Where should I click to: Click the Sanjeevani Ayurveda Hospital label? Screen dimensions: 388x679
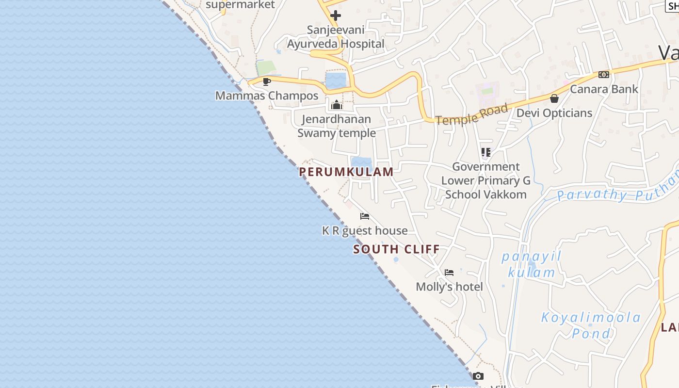pyautogui.click(x=336, y=37)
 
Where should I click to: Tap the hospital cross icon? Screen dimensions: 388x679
pyautogui.click(x=336, y=16)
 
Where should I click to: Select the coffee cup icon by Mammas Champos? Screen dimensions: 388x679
pyautogui.click(x=266, y=81)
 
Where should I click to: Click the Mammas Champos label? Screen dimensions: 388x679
pyautogui.click(x=267, y=96)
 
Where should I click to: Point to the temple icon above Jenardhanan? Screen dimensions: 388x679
pyautogui.click(x=336, y=105)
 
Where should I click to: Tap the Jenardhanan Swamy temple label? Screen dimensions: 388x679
pyautogui.click(x=337, y=126)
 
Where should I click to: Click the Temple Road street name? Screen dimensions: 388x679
pyautogui.click(x=471, y=114)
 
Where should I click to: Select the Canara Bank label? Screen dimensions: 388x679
pyautogui.click(x=604, y=89)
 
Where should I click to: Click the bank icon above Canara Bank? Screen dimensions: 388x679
pyautogui.click(x=603, y=75)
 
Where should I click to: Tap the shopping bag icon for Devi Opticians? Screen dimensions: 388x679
pyautogui.click(x=554, y=99)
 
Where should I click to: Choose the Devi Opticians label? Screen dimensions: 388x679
pyautogui.click(x=554, y=113)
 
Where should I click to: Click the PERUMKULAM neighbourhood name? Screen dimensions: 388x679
pyautogui.click(x=346, y=172)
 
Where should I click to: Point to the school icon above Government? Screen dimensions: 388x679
pyautogui.click(x=486, y=152)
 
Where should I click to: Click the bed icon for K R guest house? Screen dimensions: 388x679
pyautogui.click(x=365, y=216)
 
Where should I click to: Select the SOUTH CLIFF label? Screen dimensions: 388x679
pyautogui.click(x=397, y=249)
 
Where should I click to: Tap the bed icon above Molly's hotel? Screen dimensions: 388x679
pyautogui.click(x=449, y=273)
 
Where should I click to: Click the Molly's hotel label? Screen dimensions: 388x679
pyautogui.click(x=449, y=287)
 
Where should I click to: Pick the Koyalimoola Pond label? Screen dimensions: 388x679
pyautogui.click(x=591, y=325)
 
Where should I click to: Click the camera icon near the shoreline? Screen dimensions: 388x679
pyautogui.click(x=478, y=376)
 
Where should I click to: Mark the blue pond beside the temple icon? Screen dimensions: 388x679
pyautogui.click(x=336, y=81)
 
